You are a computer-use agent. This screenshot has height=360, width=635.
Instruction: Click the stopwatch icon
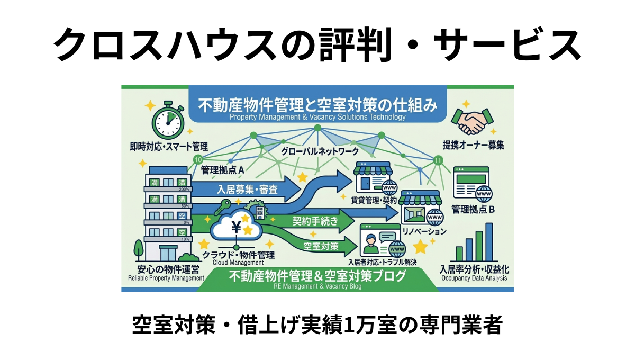pos(167,121)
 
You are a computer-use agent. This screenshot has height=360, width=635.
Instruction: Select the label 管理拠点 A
pos(222,170)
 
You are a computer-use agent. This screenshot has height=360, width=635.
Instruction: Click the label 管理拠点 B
pos(473,209)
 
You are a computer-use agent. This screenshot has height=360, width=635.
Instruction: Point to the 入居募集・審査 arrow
pos(243,189)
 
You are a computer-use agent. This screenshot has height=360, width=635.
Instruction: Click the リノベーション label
pos(424,231)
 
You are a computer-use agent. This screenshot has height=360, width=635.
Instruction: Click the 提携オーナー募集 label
pos(473,145)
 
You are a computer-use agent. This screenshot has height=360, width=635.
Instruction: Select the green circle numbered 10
pos(198,159)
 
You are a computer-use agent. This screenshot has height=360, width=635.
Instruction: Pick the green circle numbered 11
pos(437,160)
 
